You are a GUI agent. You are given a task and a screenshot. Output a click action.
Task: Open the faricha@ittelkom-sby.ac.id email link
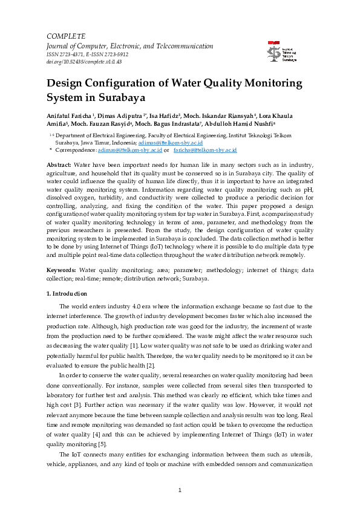[x=205, y=149]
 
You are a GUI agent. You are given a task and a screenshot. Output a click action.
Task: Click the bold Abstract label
[x=59, y=165]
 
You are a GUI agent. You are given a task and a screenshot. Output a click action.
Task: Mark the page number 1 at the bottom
[x=180, y=489]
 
